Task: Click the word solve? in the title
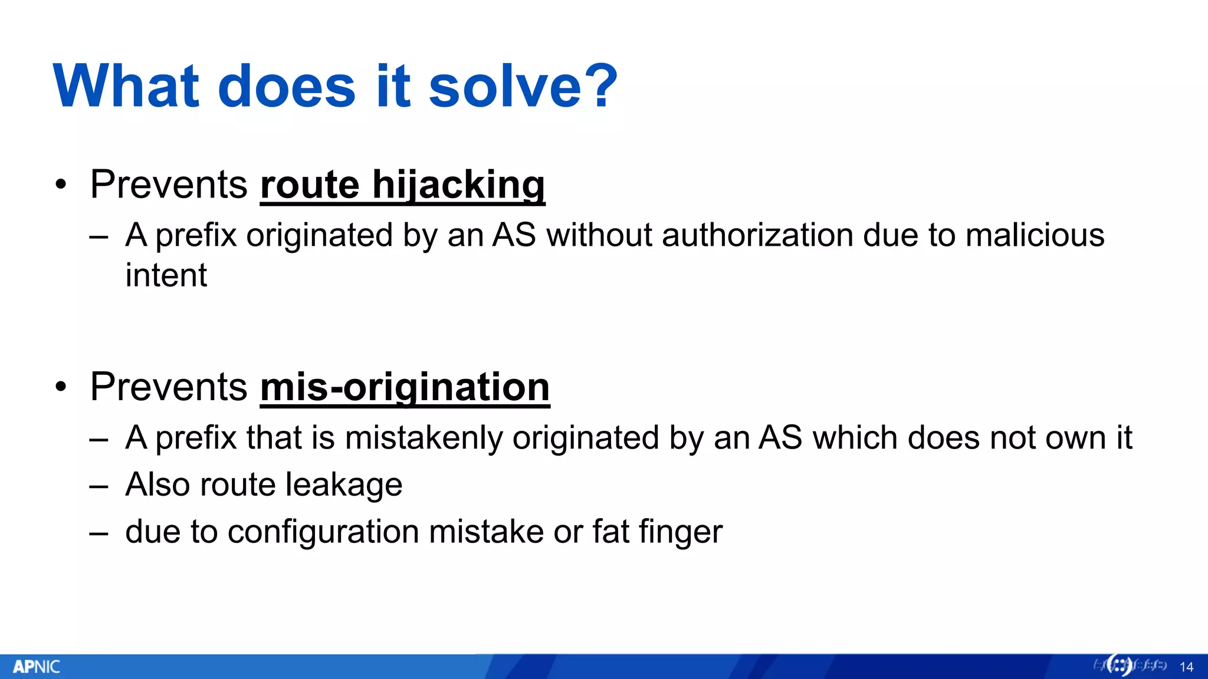click(x=523, y=87)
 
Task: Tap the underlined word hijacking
click(x=458, y=185)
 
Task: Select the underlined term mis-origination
click(x=405, y=387)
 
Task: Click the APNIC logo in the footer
click(x=37, y=667)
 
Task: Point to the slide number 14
click(x=1186, y=667)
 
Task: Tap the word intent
click(x=166, y=275)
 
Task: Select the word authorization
click(x=757, y=235)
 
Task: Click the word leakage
click(x=343, y=485)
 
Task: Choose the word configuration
click(x=323, y=532)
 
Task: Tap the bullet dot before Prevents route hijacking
click(x=61, y=185)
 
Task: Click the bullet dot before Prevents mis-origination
click(x=61, y=387)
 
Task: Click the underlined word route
click(x=310, y=185)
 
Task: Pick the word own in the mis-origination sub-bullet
click(x=1075, y=438)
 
